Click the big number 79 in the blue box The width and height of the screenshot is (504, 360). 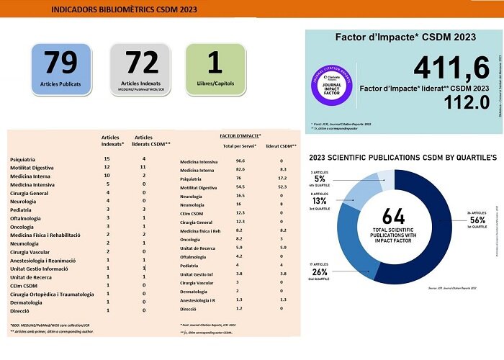(60, 63)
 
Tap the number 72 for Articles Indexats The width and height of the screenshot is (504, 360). (140, 63)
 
